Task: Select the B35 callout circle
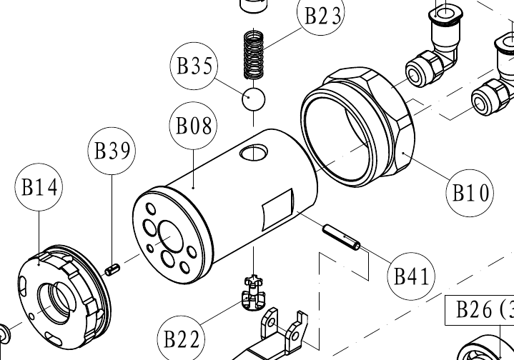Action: [194, 66]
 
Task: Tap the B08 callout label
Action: [194, 126]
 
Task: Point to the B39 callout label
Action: [112, 151]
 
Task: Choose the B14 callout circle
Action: [39, 187]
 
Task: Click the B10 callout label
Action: [470, 193]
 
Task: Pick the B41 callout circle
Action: [411, 276]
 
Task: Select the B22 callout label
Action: [182, 339]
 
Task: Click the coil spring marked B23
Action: [254, 54]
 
